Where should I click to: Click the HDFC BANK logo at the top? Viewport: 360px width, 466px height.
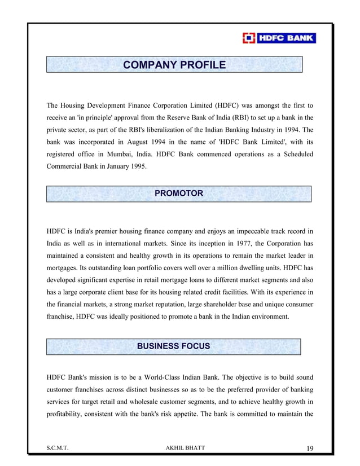[x=279, y=39]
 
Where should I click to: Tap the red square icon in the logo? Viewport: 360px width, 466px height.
[x=248, y=39]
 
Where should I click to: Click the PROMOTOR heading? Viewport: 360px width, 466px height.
[x=178, y=194]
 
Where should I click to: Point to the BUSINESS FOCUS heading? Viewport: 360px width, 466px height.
[x=174, y=346]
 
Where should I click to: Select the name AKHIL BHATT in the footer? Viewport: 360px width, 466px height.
[x=183, y=448]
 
